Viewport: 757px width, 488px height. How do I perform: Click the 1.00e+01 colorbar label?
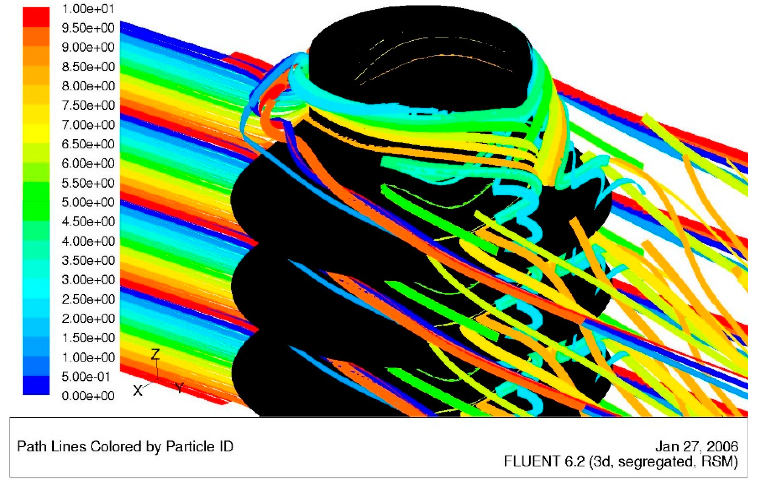pyautogui.click(x=88, y=9)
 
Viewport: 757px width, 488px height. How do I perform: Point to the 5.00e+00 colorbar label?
pyautogui.click(x=88, y=202)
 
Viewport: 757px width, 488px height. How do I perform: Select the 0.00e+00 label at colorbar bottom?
pyautogui.click(x=88, y=396)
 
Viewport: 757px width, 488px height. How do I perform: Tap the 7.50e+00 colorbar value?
pyautogui.click(x=88, y=105)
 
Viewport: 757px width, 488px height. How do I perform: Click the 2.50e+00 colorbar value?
pyautogui.click(x=88, y=299)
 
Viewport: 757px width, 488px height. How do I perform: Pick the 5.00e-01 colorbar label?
pyautogui.click(x=86, y=376)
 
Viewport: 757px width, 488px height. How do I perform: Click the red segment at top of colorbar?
pyautogui.click(x=36, y=17)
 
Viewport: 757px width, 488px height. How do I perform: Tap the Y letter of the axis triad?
pyautogui.click(x=179, y=387)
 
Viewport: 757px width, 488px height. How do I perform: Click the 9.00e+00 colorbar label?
pyautogui.click(x=88, y=48)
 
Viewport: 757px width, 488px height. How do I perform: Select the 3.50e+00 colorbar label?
pyautogui.click(x=88, y=260)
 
